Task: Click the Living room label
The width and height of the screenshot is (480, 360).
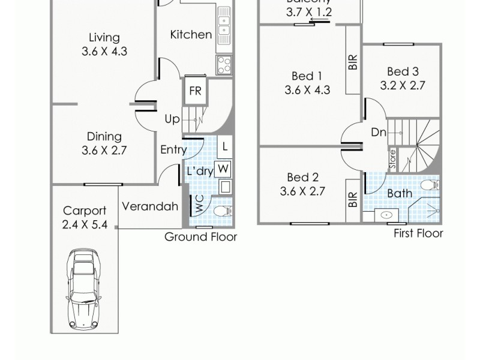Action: pyautogui.click(x=104, y=38)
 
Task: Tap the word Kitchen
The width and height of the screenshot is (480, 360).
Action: pyautogui.click(x=191, y=35)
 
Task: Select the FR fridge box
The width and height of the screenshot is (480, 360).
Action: pyautogui.click(x=195, y=91)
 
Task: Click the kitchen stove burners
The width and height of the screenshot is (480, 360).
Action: pyautogui.click(x=224, y=64)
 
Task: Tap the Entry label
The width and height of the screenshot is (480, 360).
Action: pyautogui.click(x=173, y=150)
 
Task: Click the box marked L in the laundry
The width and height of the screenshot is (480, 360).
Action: pyautogui.click(x=224, y=146)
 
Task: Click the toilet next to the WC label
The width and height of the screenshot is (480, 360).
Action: pyautogui.click(x=222, y=211)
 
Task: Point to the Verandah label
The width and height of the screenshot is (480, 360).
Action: pyautogui.click(x=150, y=206)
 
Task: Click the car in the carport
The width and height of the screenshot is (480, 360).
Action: pyautogui.click(x=83, y=287)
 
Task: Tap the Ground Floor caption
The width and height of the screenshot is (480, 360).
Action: pyautogui.click(x=201, y=237)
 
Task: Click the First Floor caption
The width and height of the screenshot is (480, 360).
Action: pyautogui.click(x=418, y=233)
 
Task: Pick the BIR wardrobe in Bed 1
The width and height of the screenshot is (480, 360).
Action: pyautogui.click(x=353, y=62)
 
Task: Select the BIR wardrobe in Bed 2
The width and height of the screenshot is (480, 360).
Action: pyautogui.click(x=353, y=200)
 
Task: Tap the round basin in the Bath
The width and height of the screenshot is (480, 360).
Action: pyautogui.click(x=386, y=214)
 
